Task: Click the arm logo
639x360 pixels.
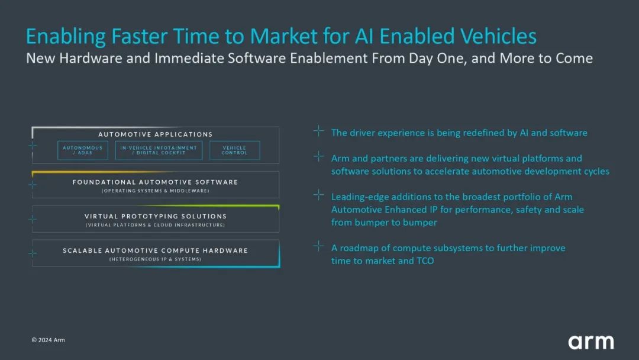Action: coord(590,342)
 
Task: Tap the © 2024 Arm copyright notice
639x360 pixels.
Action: coord(49,340)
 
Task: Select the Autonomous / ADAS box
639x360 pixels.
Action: coord(83,150)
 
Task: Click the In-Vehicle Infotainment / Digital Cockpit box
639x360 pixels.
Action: coord(159,150)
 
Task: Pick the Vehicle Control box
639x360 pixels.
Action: coord(234,150)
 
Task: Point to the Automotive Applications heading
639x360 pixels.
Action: coord(155,134)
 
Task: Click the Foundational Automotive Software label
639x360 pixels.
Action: coord(155,182)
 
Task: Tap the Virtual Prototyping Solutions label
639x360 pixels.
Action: coord(155,216)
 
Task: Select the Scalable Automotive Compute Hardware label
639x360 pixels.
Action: coord(155,250)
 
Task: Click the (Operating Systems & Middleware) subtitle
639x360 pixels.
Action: coord(155,191)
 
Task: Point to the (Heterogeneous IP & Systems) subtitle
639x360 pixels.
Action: coord(155,259)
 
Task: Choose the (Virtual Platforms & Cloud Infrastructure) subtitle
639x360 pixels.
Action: coord(155,225)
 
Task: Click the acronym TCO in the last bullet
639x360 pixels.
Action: coord(424,261)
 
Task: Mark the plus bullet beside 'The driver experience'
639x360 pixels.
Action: coord(318,131)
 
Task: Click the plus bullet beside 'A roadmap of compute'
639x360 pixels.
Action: coord(318,246)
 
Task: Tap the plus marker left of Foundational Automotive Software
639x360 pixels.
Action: coord(33,185)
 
